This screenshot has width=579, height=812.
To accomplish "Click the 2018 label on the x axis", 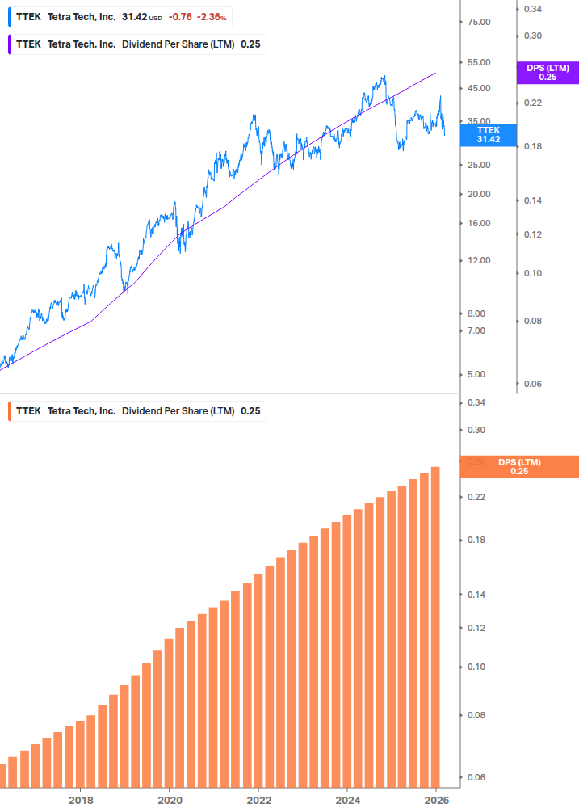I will [81, 800].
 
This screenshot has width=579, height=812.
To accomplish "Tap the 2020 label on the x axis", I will [170, 800].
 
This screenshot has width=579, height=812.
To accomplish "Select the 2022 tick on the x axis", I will [258, 800].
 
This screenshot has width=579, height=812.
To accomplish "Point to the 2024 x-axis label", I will [347, 800].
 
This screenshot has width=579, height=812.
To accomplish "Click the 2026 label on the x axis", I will [436, 800].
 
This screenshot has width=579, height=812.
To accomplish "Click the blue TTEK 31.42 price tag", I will [488, 134].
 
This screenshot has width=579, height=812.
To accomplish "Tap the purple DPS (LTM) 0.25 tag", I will [548, 73].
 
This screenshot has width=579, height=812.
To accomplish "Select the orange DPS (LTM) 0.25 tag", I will [518, 467].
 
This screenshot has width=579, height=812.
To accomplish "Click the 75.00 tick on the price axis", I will [479, 22].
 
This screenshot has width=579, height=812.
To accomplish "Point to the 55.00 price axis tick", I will [479, 62].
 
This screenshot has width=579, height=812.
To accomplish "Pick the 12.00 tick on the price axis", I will [479, 260].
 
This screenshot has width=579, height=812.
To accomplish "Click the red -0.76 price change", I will [180, 17].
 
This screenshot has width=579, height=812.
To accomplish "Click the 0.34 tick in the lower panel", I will [476, 402].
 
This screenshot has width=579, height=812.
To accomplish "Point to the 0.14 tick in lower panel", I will [476, 595].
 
